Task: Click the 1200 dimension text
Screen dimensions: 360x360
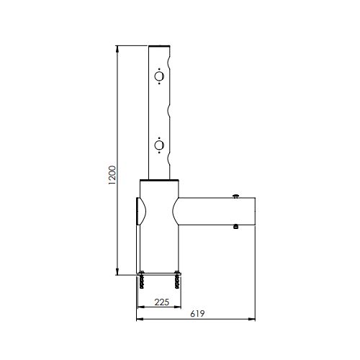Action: coord(112,175)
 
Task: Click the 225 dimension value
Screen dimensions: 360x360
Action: coord(162,302)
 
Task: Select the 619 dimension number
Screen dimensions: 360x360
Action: coord(197,314)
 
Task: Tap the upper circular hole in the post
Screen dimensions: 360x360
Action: coord(159,76)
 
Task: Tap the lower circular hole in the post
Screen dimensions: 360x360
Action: coord(159,145)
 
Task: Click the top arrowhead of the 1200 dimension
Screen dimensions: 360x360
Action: coord(117,48)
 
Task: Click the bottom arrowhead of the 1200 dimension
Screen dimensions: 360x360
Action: coord(117,272)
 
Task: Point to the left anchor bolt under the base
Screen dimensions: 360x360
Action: coord(142,280)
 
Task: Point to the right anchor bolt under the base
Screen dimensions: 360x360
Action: coord(178,280)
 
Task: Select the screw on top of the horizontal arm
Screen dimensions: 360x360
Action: coord(236,197)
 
